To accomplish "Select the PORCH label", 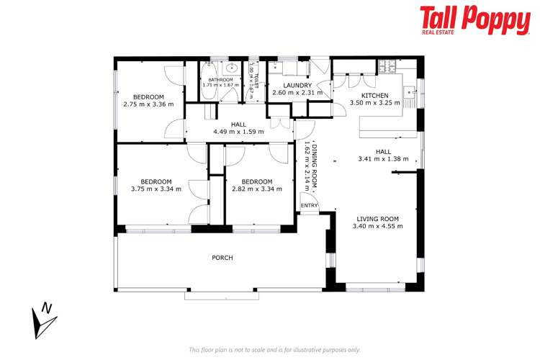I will [x=222, y=258].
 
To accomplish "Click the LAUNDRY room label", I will [x=288, y=85].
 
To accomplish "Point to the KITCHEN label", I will [x=374, y=95].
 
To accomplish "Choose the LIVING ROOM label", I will [x=377, y=218].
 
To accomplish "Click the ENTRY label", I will [x=309, y=206].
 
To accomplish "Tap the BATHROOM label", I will [x=220, y=79].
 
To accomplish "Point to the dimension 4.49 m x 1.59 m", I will [x=238, y=132].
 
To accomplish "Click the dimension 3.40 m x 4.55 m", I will [x=377, y=226].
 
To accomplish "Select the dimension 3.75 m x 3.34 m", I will [x=156, y=189].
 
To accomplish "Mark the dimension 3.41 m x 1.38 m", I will [x=383, y=159].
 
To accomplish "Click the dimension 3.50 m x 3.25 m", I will [x=374, y=103].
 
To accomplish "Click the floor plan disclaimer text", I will [x=274, y=350].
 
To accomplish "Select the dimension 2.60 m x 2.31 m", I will [x=288, y=93].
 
